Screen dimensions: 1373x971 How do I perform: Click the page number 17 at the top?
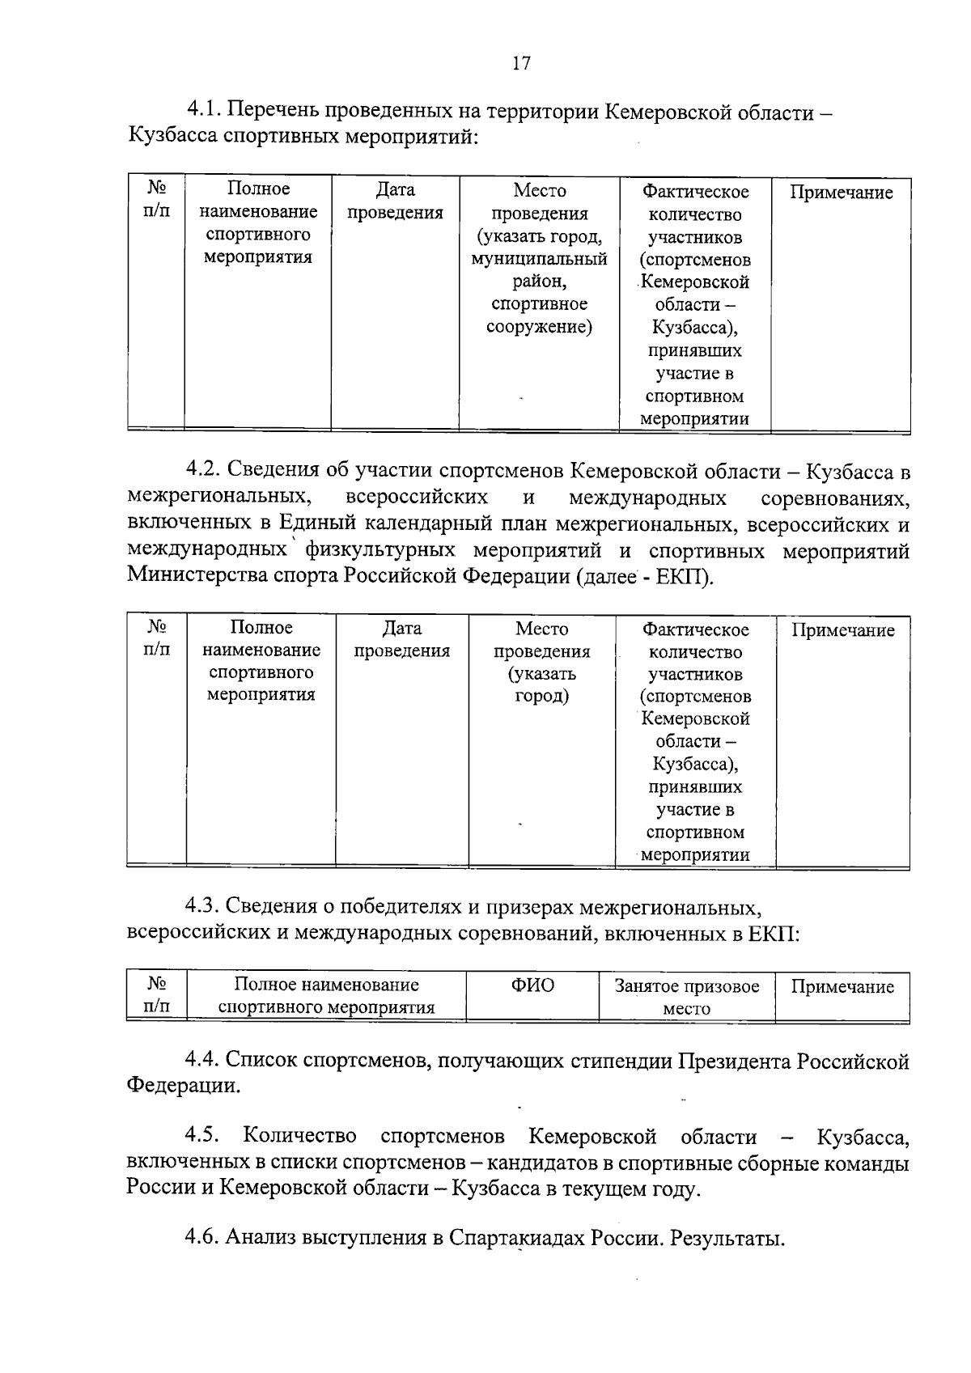pos(521,63)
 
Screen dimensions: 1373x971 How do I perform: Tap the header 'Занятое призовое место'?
pos(686,997)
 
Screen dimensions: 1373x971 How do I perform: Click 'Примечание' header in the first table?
pos(841,193)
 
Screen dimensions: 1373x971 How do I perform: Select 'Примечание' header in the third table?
pos(842,986)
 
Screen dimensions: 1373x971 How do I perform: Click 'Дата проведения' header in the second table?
pos(401,639)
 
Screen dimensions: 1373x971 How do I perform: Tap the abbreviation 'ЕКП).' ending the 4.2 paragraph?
pos(687,577)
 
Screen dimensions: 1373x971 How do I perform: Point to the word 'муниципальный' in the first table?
pos(539,259)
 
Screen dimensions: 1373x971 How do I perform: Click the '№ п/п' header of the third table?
pos(156,995)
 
